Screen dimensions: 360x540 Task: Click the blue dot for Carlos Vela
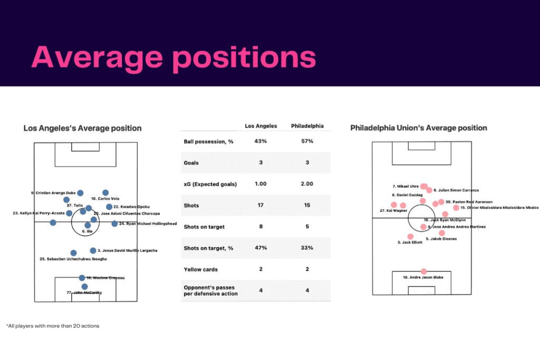105,193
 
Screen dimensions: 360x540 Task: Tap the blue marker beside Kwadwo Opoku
109,207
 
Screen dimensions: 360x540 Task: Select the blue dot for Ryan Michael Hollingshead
114,223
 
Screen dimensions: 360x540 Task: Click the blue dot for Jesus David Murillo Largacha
93,251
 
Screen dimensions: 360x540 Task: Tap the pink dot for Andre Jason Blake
423,271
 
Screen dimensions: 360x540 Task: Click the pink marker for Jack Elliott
411,237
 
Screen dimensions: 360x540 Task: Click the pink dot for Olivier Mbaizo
456,208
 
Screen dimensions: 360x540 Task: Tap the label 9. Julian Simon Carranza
457,190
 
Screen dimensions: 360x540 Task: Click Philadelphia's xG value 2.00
307,184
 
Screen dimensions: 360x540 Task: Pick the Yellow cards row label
200,269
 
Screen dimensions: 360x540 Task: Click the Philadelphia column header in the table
307,126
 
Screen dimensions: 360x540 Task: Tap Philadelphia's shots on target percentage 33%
307,248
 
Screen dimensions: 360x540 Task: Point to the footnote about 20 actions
53,326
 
